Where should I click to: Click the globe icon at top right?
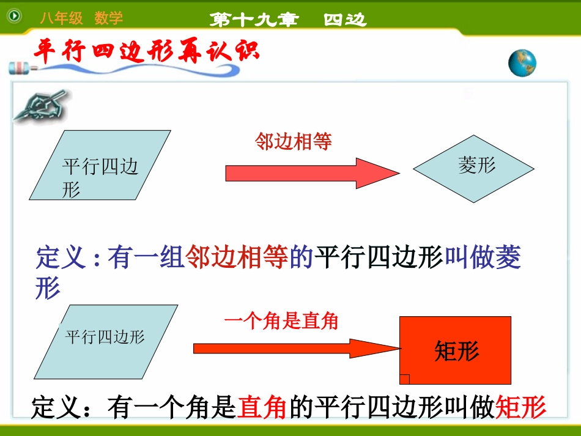click(x=522, y=64)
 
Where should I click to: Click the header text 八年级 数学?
click(x=81, y=18)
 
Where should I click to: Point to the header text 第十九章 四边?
click(x=287, y=20)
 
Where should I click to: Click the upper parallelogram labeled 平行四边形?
click(x=100, y=165)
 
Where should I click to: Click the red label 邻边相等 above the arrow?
click(x=293, y=142)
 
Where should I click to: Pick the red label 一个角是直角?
click(x=281, y=321)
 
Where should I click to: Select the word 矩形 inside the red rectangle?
click(x=456, y=351)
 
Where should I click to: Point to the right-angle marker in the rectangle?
click(x=404, y=379)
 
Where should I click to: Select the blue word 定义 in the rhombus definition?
click(x=61, y=258)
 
